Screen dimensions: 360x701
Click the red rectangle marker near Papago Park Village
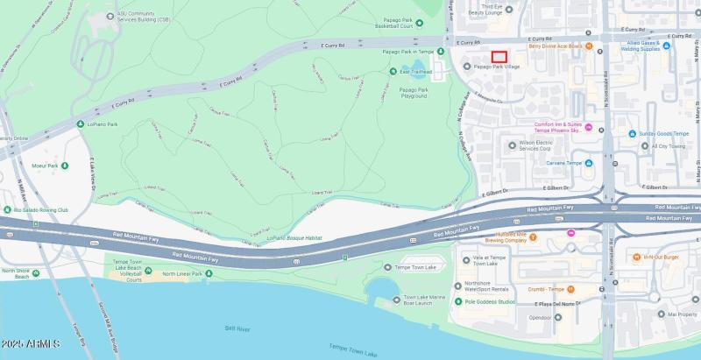click(499, 57)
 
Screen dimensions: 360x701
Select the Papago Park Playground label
click(414, 93)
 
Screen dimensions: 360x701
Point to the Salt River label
click(237, 328)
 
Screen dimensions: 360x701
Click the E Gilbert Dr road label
click(556, 187)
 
